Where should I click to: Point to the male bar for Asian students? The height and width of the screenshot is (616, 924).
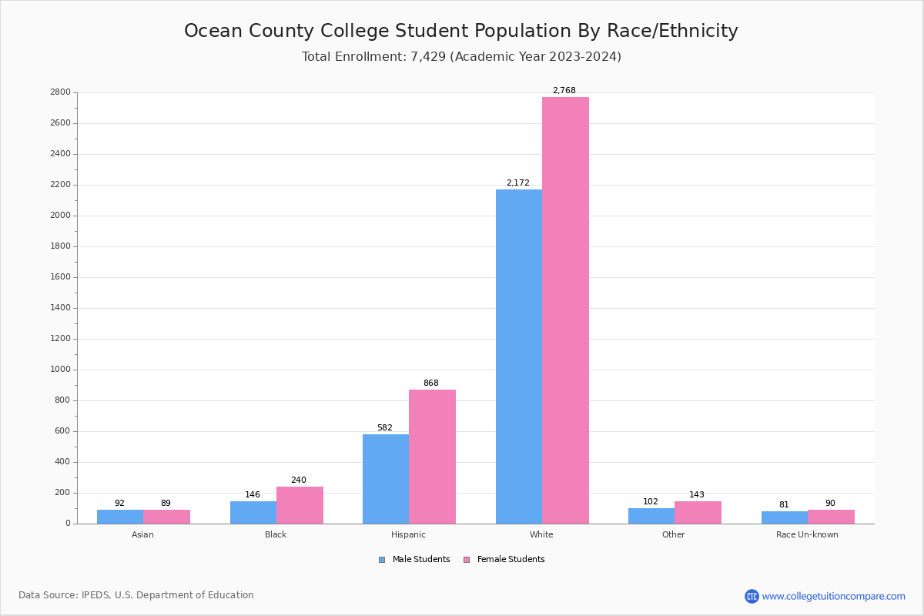[120, 517]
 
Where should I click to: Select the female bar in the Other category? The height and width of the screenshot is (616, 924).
[698, 513]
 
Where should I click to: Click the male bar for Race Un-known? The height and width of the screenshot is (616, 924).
[785, 517]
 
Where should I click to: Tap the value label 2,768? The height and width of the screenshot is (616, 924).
[564, 91]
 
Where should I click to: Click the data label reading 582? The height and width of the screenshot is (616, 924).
[384, 428]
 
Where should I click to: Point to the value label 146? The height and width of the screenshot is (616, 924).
[253, 495]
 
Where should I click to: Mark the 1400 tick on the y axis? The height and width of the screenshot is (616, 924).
[62, 308]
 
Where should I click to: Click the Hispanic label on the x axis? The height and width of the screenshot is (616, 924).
[408, 534]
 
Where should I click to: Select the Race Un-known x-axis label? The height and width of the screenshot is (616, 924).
[807, 534]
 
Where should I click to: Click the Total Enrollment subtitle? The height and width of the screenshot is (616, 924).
[461, 57]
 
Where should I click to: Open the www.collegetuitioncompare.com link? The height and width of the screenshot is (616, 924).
[833, 596]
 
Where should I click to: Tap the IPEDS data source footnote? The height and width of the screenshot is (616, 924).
[136, 595]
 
